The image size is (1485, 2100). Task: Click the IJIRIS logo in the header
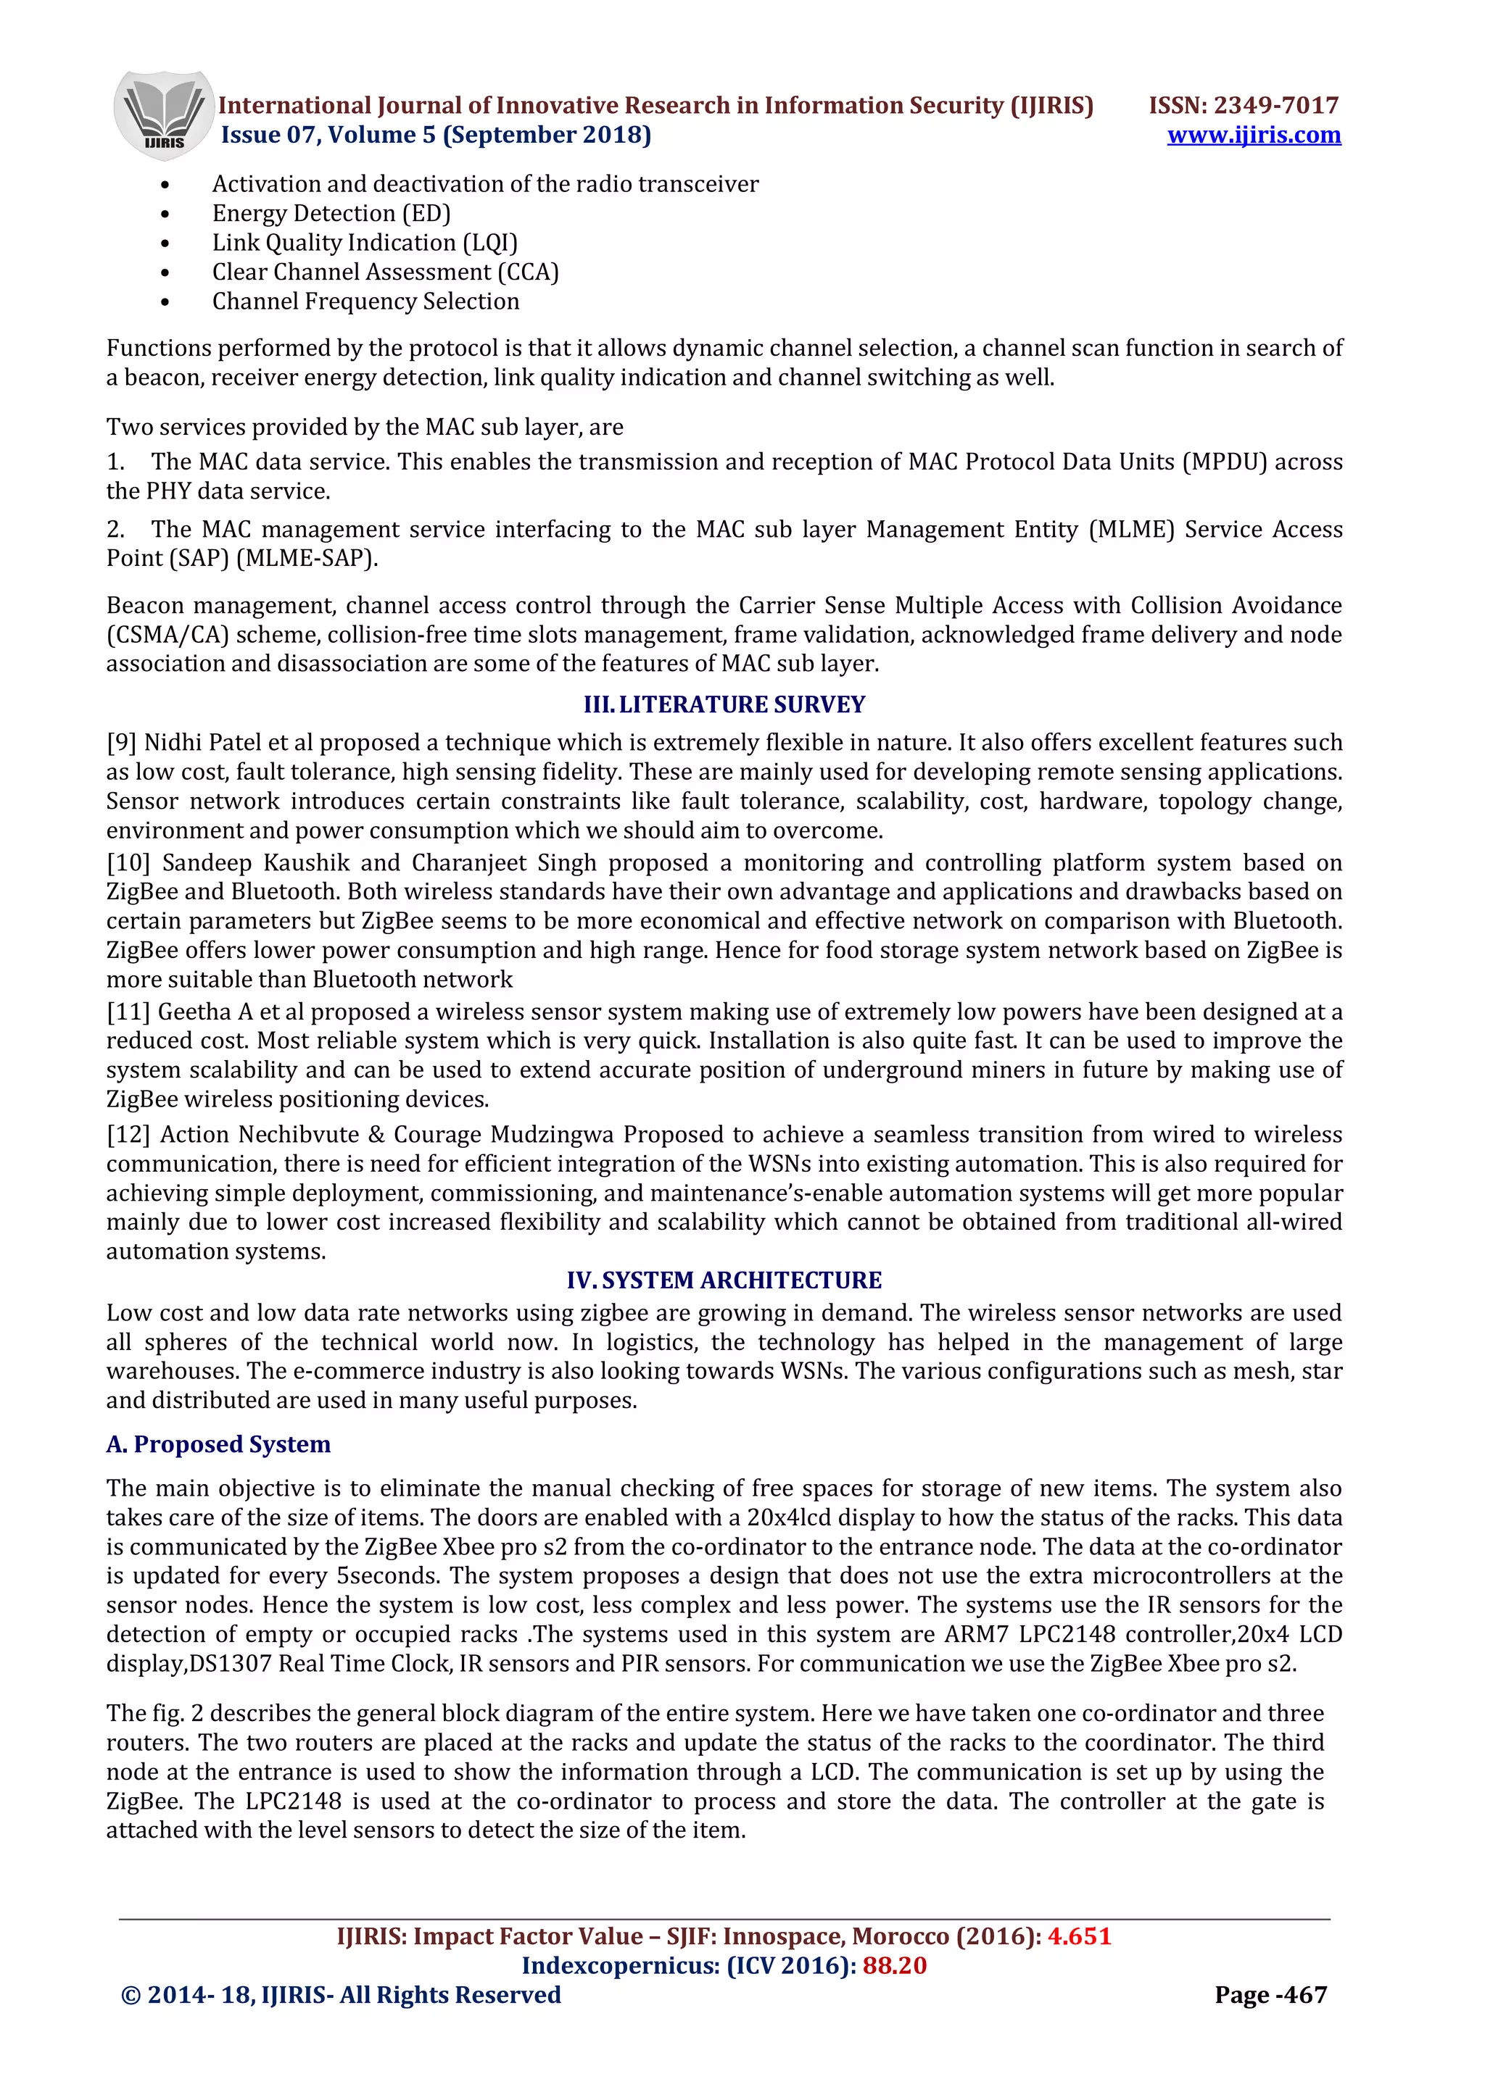[163, 115]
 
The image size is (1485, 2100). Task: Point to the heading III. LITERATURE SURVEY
[724, 704]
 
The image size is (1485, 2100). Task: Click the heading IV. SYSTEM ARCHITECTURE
[724, 1280]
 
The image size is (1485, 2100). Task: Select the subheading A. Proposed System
[219, 1444]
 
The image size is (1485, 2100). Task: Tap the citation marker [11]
[128, 1012]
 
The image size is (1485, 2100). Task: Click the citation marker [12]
[128, 1134]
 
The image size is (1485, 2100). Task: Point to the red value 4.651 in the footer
[1079, 1936]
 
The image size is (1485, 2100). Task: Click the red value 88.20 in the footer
[894, 1965]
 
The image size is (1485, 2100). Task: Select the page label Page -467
[1270, 1995]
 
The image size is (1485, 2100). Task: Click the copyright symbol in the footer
[130, 1996]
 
